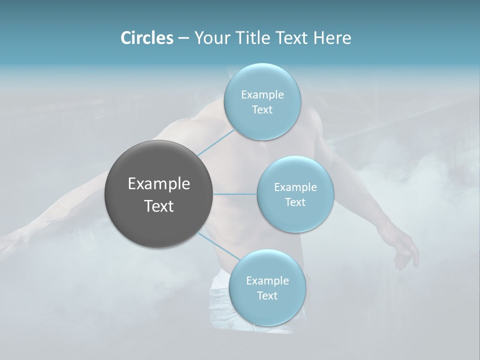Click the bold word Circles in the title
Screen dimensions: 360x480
tap(146, 38)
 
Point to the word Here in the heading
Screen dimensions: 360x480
tap(332, 38)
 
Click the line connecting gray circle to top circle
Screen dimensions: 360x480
tap(216, 142)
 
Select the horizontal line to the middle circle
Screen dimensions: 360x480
tap(234, 194)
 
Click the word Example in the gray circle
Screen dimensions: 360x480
tap(158, 184)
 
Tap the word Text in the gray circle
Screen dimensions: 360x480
tap(158, 206)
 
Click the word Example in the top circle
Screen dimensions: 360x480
tap(262, 94)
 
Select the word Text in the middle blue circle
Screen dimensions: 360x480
tap(295, 202)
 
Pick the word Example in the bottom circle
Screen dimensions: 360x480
tap(267, 280)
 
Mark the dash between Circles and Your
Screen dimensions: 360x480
tap(183, 38)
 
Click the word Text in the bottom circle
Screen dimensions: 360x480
tap(267, 295)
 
